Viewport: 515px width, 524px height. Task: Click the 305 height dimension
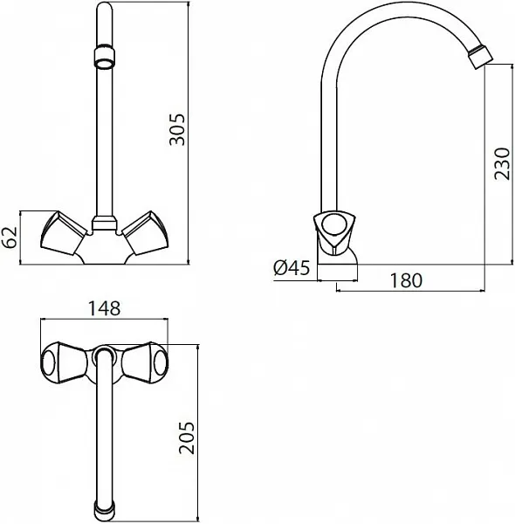pyautogui.click(x=177, y=130)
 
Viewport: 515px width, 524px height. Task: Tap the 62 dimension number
pyautogui.click(x=10, y=237)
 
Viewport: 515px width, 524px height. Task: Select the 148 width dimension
pyautogui.click(x=104, y=308)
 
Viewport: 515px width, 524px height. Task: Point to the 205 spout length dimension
pyautogui.click(x=187, y=438)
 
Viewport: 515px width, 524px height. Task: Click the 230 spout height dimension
pyautogui.click(x=502, y=164)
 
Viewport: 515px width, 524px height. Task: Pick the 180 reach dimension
pyautogui.click(x=406, y=280)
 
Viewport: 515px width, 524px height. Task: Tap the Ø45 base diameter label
pyautogui.click(x=292, y=268)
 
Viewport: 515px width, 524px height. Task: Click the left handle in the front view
pyautogui.click(x=64, y=233)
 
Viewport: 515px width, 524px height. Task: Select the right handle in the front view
pyautogui.click(x=145, y=233)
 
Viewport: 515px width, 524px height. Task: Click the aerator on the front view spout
pyautogui.click(x=105, y=57)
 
